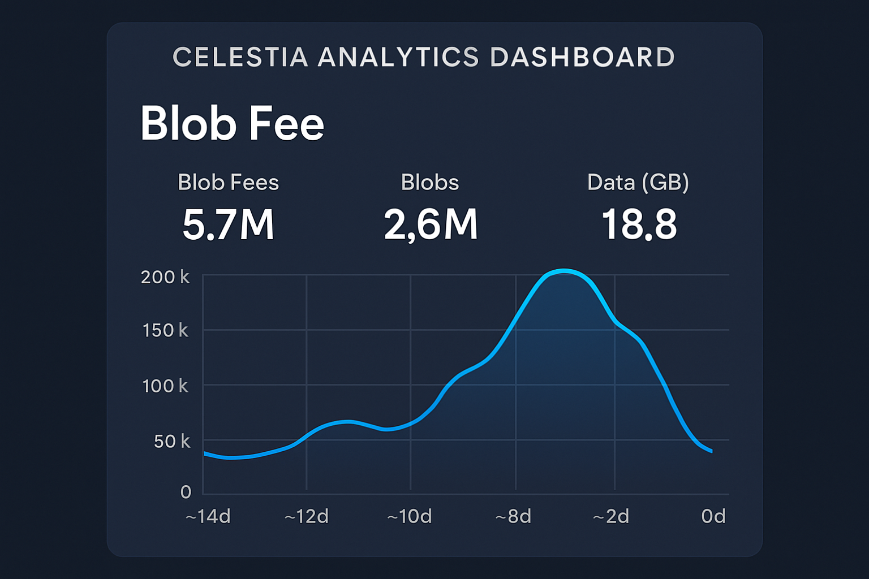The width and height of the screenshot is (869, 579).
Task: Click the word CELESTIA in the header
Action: tap(240, 57)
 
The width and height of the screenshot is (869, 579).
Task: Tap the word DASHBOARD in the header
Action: tap(582, 57)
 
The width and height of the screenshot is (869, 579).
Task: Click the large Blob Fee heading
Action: tap(232, 123)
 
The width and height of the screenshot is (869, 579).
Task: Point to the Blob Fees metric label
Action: tap(228, 183)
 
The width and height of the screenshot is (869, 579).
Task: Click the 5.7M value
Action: tap(228, 224)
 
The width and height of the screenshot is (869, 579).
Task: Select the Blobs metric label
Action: tap(430, 183)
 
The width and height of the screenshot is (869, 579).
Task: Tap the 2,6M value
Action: tap(431, 224)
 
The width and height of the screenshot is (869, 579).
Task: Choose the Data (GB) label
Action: tap(638, 183)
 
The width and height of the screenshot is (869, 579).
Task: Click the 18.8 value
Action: tap(639, 224)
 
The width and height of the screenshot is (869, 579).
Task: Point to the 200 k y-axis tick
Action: tap(165, 277)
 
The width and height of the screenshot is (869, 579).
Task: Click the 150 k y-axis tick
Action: tap(165, 330)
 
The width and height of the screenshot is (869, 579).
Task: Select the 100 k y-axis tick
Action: tap(165, 386)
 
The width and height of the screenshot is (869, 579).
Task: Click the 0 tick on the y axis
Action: tap(186, 492)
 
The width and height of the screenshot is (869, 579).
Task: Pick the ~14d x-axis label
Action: tap(208, 516)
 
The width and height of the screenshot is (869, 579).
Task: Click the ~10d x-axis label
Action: tap(409, 516)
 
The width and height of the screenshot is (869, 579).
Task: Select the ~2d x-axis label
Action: tap(610, 516)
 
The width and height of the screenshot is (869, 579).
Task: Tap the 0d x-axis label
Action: tap(713, 516)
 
